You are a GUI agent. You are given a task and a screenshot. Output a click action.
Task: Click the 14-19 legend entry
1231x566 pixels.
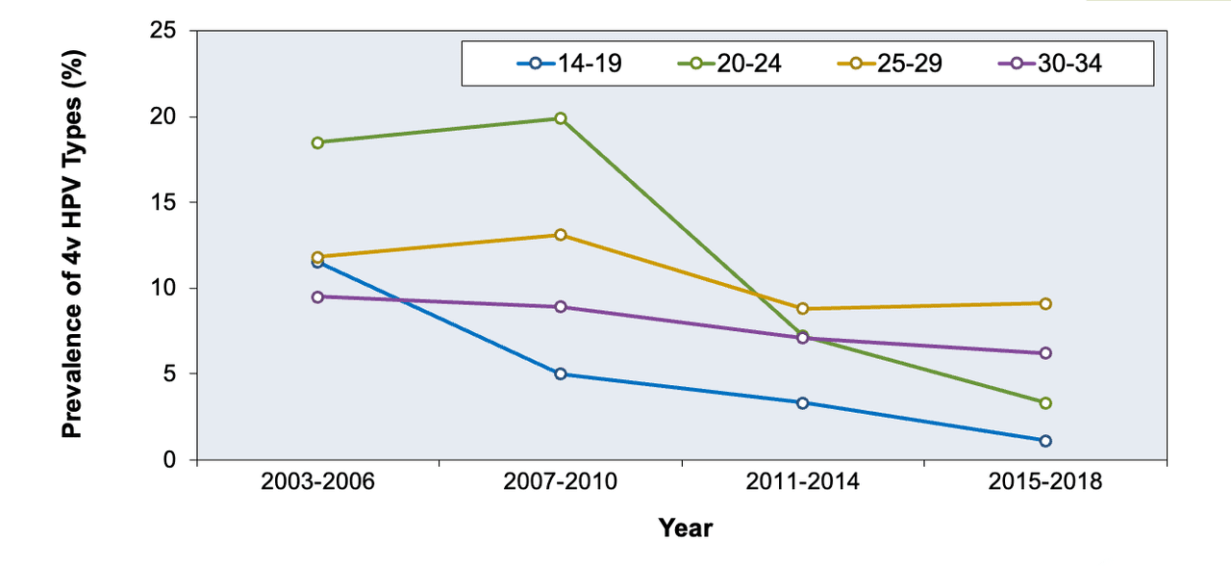tap(569, 64)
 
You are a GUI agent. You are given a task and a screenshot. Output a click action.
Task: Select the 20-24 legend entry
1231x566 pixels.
tap(729, 64)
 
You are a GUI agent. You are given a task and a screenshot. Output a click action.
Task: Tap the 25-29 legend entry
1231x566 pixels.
tap(890, 64)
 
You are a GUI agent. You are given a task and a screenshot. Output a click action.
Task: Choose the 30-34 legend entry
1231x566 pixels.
tap(1049, 64)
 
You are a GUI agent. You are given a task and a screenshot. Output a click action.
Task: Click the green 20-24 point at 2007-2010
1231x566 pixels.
tap(561, 118)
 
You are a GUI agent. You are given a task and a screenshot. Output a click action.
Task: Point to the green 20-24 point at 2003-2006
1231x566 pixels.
tap(317, 143)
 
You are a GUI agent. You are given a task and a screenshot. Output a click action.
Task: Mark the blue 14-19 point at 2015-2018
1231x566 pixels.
tap(1045, 441)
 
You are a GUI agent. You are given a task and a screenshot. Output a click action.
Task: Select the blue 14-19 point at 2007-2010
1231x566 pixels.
tap(561, 374)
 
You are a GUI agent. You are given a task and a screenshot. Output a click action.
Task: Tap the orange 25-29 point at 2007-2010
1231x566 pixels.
tap(561, 235)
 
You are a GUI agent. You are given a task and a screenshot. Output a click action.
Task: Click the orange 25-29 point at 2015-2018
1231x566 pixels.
tap(1045, 303)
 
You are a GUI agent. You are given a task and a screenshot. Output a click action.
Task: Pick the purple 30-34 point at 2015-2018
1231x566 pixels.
tap(1045, 353)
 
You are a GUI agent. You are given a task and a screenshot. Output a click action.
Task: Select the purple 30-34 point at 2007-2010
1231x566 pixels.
tap(561, 306)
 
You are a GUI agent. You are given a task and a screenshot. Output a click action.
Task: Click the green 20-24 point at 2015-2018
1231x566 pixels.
tap(1045, 403)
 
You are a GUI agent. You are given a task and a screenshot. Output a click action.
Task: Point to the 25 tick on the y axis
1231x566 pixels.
tap(193, 31)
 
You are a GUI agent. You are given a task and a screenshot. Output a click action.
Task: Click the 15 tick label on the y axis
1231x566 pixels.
tap(163, 202)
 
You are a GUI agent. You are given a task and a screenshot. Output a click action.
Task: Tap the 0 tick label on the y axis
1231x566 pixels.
tap(169, 460)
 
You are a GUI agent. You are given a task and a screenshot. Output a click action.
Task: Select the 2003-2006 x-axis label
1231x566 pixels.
tap(317, 482)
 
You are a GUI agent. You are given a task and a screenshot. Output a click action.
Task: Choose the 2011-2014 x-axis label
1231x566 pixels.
tap(802, 482)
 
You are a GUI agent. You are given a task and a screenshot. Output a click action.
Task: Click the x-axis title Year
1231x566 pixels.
tap(686, 528)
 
